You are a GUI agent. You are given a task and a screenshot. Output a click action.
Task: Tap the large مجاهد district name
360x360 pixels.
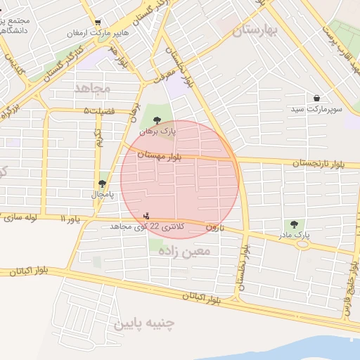[92, 88]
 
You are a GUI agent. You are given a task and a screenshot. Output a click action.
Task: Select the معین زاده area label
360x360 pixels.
[184, 250]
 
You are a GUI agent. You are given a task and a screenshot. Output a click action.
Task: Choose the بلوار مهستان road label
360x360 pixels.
[160, 155]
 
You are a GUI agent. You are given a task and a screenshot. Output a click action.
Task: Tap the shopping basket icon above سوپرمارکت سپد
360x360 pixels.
[317, 98]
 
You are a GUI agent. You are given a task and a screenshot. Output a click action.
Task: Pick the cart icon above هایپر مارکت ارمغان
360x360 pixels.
[97, 22]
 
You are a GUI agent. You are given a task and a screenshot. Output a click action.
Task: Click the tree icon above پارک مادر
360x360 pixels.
[294, 223]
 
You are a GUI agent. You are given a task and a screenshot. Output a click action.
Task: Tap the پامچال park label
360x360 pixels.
[103, 193]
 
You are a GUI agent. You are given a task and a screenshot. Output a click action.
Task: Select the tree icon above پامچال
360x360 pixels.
[103, 183]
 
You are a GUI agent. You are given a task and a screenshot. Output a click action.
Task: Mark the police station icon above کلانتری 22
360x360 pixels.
[146, 215]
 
